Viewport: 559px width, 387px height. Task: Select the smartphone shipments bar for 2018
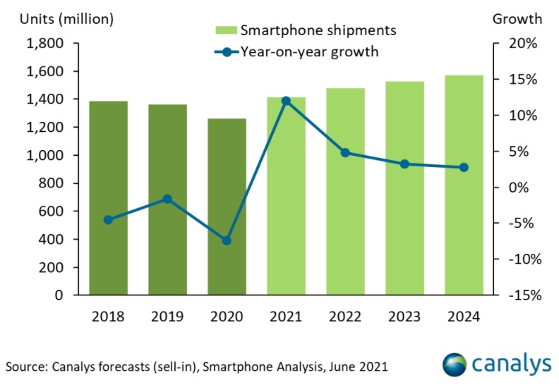click(108, 198)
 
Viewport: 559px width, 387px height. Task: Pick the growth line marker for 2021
click(286, 101)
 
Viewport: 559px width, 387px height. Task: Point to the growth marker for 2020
click(227, 240)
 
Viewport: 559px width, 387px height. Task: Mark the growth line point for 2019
click(167, 199)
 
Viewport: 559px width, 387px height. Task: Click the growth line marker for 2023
click(404, 164)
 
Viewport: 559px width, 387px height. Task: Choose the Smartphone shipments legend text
click(318, 30)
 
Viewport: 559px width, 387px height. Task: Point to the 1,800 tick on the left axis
click(44, 44)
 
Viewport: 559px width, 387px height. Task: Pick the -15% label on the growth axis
click(522, 295)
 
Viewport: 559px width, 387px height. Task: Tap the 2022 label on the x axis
click(345, 317)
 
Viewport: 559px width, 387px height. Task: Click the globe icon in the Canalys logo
click(456, 364)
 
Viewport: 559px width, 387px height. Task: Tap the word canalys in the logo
click(512, 364)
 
